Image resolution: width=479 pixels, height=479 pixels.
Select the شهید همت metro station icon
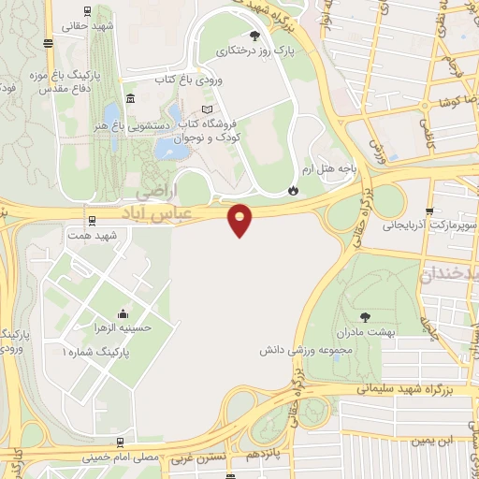(x=91, y=221)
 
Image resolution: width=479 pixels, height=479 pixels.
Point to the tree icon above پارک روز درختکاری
(x=254, y=36)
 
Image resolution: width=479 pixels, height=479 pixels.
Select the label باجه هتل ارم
(x=331, y=169)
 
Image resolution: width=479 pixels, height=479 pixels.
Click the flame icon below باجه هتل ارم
(x=294, y=190)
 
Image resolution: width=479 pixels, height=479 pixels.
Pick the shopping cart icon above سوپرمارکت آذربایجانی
(x=429, y=210)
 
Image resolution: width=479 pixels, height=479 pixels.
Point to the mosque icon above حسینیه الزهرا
(x=123, y=312)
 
